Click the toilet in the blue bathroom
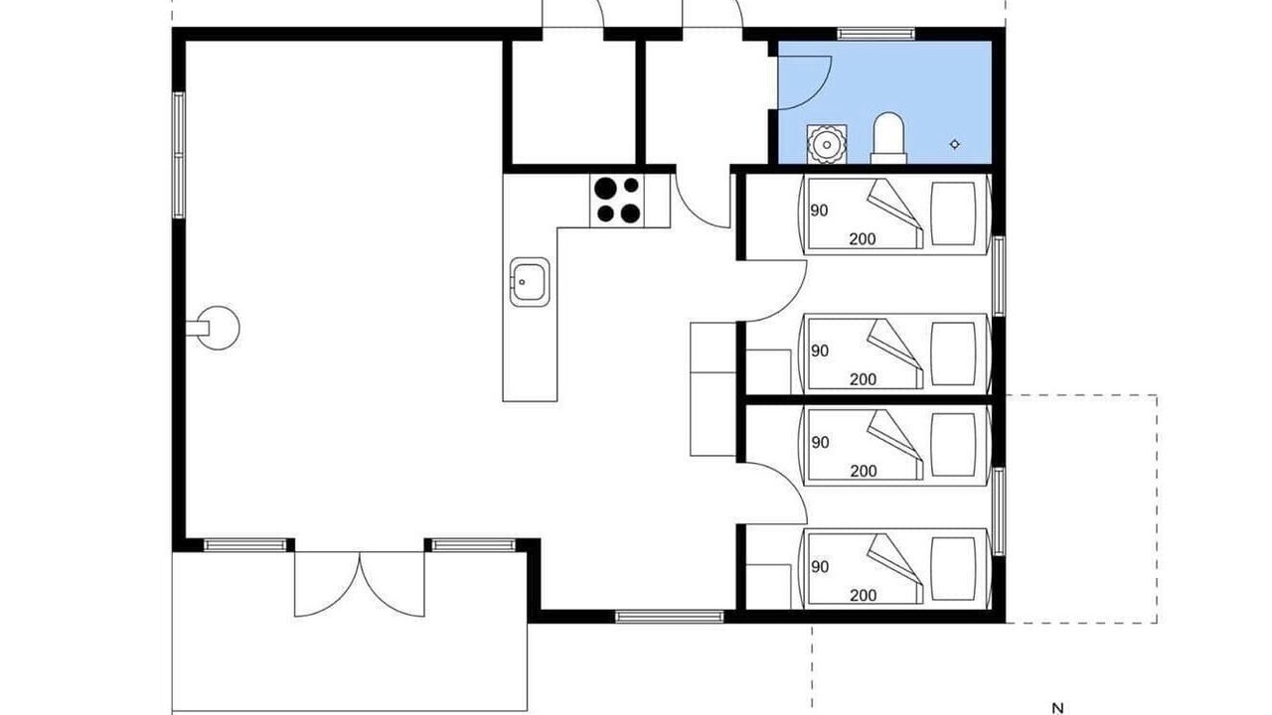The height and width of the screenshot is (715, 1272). click(x=888, y=138)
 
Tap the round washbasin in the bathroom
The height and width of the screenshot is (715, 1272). click(x=827, y=145)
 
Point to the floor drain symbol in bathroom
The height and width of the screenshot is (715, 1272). click(x=955, y=145)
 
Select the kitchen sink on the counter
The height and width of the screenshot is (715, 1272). click(x=530, y=282)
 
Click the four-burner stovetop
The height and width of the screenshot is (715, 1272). click(x=617, y=201)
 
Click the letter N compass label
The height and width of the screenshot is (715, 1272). click(x=1057, y=709)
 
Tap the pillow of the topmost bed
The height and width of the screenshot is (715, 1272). click(x=953, y=214)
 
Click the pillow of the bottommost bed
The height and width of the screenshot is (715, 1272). click(x=953, y=569)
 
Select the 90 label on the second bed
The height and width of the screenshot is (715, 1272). click(x=820, y=352)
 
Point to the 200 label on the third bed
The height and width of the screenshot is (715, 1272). click(x=864, y=471)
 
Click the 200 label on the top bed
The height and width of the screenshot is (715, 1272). click(x=863, y=239)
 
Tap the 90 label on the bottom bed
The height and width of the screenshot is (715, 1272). click(x=820, y=567)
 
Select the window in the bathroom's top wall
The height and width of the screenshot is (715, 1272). click(x=876, y=34)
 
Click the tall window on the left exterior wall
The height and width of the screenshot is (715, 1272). click(x=179, y=155)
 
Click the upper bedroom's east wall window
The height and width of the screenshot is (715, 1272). click(x=999, y=276)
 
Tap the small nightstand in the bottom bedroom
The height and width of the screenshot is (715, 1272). click(x=768, y=587)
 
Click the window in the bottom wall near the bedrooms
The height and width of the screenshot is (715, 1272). click(x=670, y=617)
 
